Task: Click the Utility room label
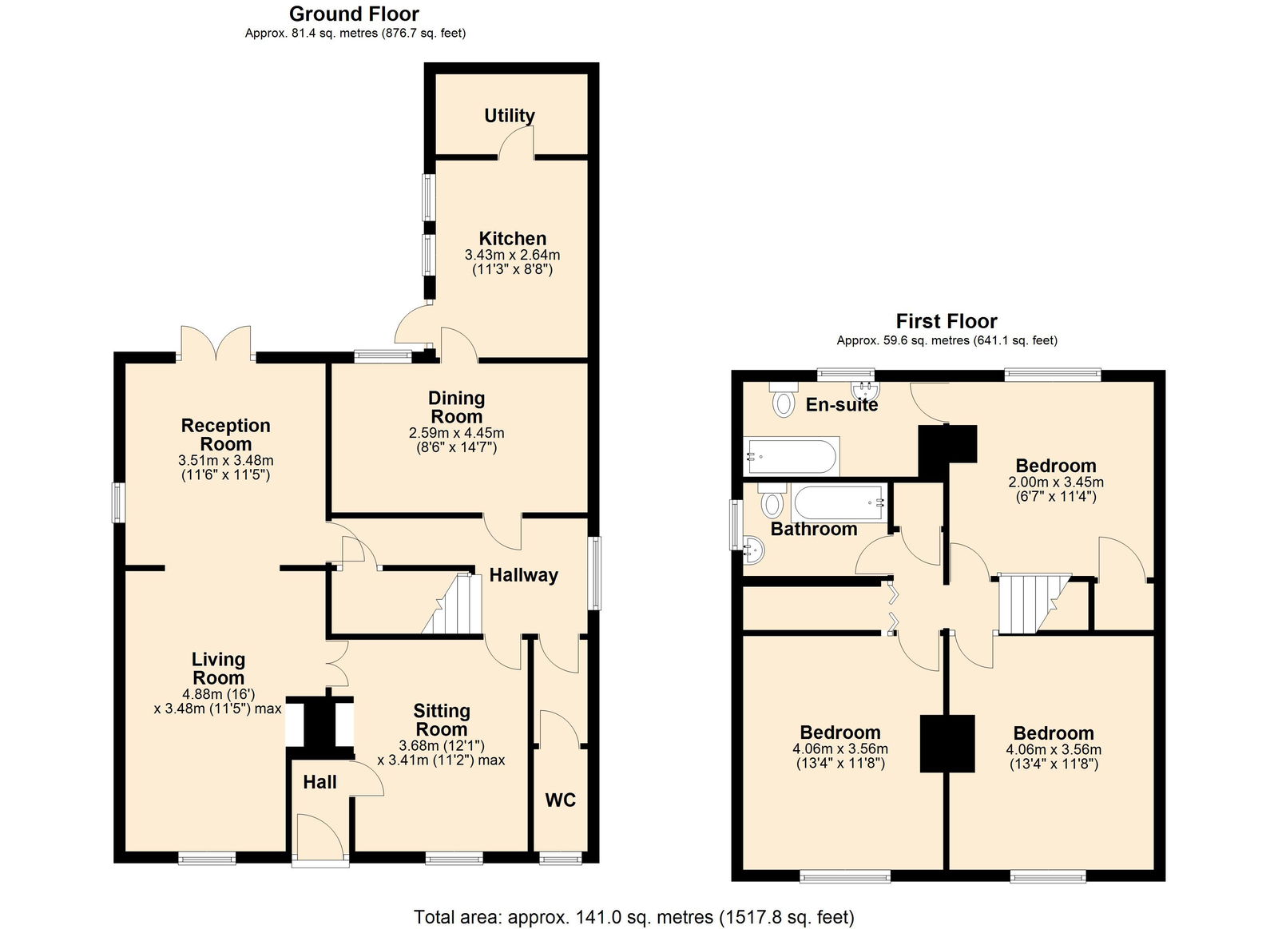pyautogui.click(x=510, y=116)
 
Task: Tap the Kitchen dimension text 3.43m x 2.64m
pyautogui.click(x=512, y=255)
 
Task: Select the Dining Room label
pyautogui.click(x=456, y=407)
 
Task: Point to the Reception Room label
pyautogui.click(x=225, y=435)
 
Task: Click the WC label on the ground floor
pyautogui.click(x=560, y=800)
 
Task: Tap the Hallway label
pyautogui.click(x=524, y=575)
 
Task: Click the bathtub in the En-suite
pyautogui.click(x=792, y=456)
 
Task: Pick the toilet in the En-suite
pyautogui.click(x=784, y=399)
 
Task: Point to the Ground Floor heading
pyautogui.click(x=355, y=14)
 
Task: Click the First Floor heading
pyautogui.click(x=947, y=321)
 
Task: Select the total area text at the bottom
pyautogui.click(x=634, y=901)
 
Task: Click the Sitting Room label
pyautogui.click(x=442, y=721)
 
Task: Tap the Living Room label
pyautogui.click(x=219, y=669)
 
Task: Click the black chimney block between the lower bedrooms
pyautogui.click(x=947, y=744)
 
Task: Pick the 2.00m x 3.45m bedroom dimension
pyautogui.click(x=1055, y=482)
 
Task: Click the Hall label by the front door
pyautogui.click(x=319, y=782)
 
